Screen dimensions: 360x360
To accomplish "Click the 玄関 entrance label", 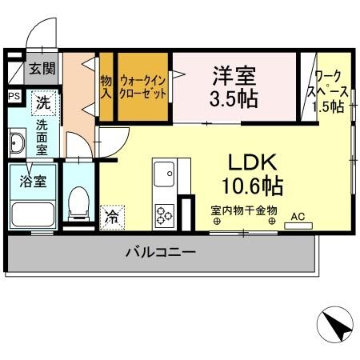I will click(x=42, y=68).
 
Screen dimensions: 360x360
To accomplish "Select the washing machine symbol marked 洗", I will click(x=44, y=102).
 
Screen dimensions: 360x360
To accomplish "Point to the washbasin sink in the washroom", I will click(x=18, y=144).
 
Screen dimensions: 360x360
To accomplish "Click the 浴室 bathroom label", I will click(x=33, y=181).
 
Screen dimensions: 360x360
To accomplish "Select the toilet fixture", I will click(x=78, y=204).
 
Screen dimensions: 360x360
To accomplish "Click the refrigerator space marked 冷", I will click(x=112, y=216).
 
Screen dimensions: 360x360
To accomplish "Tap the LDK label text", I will click(x=252, y=162).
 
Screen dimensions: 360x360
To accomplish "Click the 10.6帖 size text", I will click(x=253, y=187).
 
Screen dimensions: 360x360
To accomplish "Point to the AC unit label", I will click(x=298, y=216).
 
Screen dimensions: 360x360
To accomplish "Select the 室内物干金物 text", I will click(x=244, y=211).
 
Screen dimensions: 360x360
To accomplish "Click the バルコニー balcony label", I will click(x=160, y=253).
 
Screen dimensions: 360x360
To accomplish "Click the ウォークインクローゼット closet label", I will click(x=144, y=86).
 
